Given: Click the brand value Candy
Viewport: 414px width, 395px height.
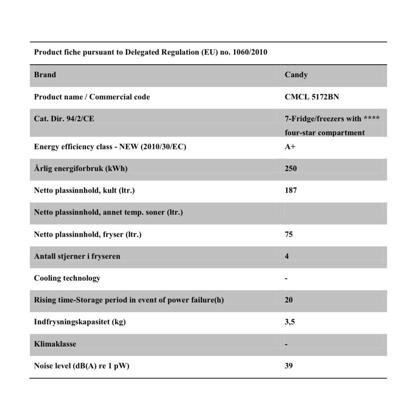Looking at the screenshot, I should click(296, 75).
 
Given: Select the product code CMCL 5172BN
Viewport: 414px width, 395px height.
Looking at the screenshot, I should click(311, 97).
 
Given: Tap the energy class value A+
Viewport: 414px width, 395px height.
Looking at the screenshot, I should click(290, 147).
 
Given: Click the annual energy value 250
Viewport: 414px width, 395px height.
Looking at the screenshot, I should click(291, 168).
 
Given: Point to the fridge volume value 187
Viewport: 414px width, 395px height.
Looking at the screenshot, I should click(291, 190).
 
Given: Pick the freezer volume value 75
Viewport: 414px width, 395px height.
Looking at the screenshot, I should click(289, 234).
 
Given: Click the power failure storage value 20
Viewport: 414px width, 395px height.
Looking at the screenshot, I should click(289, 300).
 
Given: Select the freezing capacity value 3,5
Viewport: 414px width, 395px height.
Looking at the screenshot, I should click(289, 322).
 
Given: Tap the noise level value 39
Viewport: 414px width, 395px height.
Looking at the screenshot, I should click(289, 366).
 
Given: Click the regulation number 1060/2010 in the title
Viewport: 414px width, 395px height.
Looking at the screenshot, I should click(250, 52).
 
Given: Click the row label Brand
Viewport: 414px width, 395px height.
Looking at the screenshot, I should click(45, 75).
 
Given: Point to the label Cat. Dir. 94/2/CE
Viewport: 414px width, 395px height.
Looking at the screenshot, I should click(64, 119).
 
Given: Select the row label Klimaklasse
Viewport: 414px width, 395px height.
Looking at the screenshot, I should click(55, 344).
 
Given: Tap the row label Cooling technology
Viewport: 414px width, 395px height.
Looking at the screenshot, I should click(67, 278).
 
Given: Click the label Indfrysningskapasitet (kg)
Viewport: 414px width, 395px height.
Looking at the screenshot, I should click(80, 322).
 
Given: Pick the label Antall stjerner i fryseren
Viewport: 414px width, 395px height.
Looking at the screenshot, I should click(77, 256).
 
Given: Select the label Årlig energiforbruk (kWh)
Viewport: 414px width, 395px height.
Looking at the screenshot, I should click(81, 168).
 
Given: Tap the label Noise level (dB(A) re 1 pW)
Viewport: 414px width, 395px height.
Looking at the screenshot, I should click(82, 366).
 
